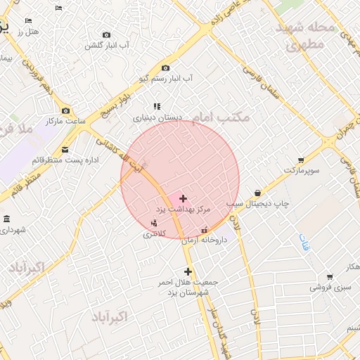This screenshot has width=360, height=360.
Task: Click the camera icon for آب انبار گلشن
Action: click(x=107, y=35)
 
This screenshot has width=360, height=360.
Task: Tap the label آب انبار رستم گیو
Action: click(x=168, y=80)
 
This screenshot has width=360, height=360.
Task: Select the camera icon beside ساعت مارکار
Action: click(x=66, y=110)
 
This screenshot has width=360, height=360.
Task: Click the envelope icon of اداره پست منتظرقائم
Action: click(x=65, y=149)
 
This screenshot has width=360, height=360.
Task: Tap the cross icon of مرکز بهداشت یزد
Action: click(x=184, y=199)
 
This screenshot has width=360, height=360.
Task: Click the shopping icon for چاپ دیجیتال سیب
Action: click(x=258, y=193)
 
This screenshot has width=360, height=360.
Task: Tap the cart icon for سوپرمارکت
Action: click(x=301, y=160)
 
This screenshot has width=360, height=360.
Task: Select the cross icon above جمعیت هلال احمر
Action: click(x=188, y=271)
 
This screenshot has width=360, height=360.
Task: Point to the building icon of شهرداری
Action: click(x=6, y=219)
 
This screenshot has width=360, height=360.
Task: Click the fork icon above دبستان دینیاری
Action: click(x=157, y=106)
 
